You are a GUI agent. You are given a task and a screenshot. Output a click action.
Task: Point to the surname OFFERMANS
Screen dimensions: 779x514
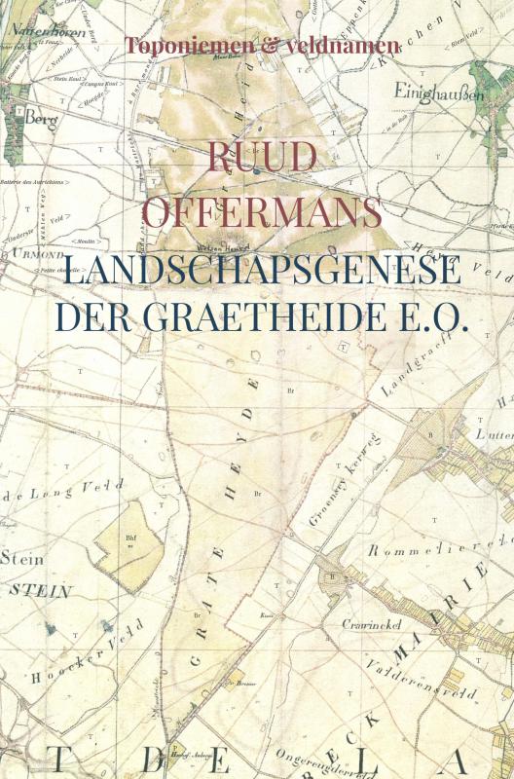click(257, 209)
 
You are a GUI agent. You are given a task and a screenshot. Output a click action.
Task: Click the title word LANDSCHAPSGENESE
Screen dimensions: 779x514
click(257, 270)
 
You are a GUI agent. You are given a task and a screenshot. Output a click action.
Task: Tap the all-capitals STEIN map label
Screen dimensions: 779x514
click(38, 589)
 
